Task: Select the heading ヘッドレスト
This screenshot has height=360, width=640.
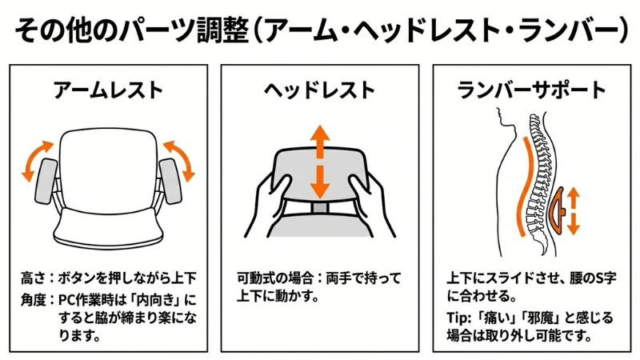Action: click(319, 90)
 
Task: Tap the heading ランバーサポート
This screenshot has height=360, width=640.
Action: click(531, 90)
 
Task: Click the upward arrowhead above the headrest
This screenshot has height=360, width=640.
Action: click(319, 133)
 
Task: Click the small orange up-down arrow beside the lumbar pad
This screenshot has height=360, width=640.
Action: click(574, 210)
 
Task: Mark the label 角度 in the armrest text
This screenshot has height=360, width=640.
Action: click(33, 299)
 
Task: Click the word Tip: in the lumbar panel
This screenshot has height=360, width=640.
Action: click(459, 318)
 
